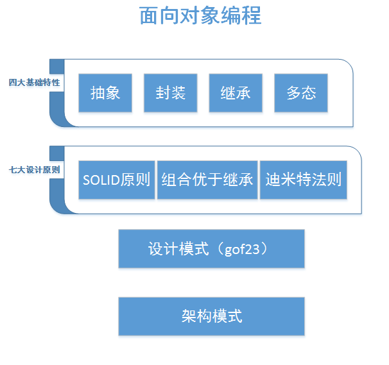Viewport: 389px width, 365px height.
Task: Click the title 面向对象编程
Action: click(x=200, y=15)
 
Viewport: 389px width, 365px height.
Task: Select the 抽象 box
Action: click(x=105, y=93)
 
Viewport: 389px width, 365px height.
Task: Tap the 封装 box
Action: click(x=170, y=93)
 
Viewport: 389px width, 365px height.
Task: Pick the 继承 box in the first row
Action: click(x=235, y=93)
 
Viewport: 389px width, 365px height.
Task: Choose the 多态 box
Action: click(x=300, y=93)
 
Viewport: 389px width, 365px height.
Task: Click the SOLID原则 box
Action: click(x=116, y=180)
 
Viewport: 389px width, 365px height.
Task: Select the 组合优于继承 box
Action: click(x=207, y=180)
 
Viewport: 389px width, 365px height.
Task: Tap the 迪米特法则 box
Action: click(x=303, y=180)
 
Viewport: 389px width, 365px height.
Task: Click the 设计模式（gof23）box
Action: click(x=211, y=249)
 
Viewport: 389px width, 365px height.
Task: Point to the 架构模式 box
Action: click(x=211, y=316)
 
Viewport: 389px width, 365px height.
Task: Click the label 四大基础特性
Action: click(x=35, y=83)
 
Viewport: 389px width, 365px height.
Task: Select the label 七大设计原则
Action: click(x=35, y=170)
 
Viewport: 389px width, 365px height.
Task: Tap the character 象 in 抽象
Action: click(x=113, y=93)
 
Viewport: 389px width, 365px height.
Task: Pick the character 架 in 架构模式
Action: click(x=189, y=316)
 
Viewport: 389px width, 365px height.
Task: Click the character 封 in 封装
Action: click(x=162, y=93)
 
